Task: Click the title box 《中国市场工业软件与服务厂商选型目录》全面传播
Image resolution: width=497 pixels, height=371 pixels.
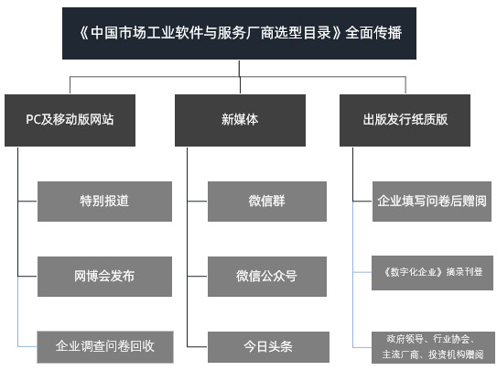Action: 239,33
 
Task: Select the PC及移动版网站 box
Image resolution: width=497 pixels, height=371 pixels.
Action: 70,120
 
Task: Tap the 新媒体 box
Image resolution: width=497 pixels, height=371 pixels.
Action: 240,120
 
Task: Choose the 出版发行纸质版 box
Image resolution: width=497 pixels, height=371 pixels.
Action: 405,120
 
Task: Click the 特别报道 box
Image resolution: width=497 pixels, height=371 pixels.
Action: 104,202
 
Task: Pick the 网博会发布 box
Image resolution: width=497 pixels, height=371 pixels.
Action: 104,277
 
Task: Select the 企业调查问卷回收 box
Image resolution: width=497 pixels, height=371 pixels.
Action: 105,347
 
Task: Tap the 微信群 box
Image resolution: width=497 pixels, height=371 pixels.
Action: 267,202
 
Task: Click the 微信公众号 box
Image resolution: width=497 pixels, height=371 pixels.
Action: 267,277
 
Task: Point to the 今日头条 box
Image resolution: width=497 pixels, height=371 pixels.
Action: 268,347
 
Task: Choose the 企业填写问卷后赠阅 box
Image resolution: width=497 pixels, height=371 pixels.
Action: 432,202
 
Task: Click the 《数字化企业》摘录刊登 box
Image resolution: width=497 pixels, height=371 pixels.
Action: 432,273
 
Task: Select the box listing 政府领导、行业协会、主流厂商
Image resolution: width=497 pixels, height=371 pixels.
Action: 433,347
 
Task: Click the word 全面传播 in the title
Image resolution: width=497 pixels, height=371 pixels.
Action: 373,33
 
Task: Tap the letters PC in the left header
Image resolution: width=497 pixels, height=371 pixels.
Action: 32,119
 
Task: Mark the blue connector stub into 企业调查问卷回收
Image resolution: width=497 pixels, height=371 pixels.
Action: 27,346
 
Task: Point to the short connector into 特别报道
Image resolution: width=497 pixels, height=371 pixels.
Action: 27,201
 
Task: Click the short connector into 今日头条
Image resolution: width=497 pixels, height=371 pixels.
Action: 197,346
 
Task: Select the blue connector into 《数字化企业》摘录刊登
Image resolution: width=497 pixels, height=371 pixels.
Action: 362,272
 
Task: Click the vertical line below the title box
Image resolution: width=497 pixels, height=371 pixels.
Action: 239,68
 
